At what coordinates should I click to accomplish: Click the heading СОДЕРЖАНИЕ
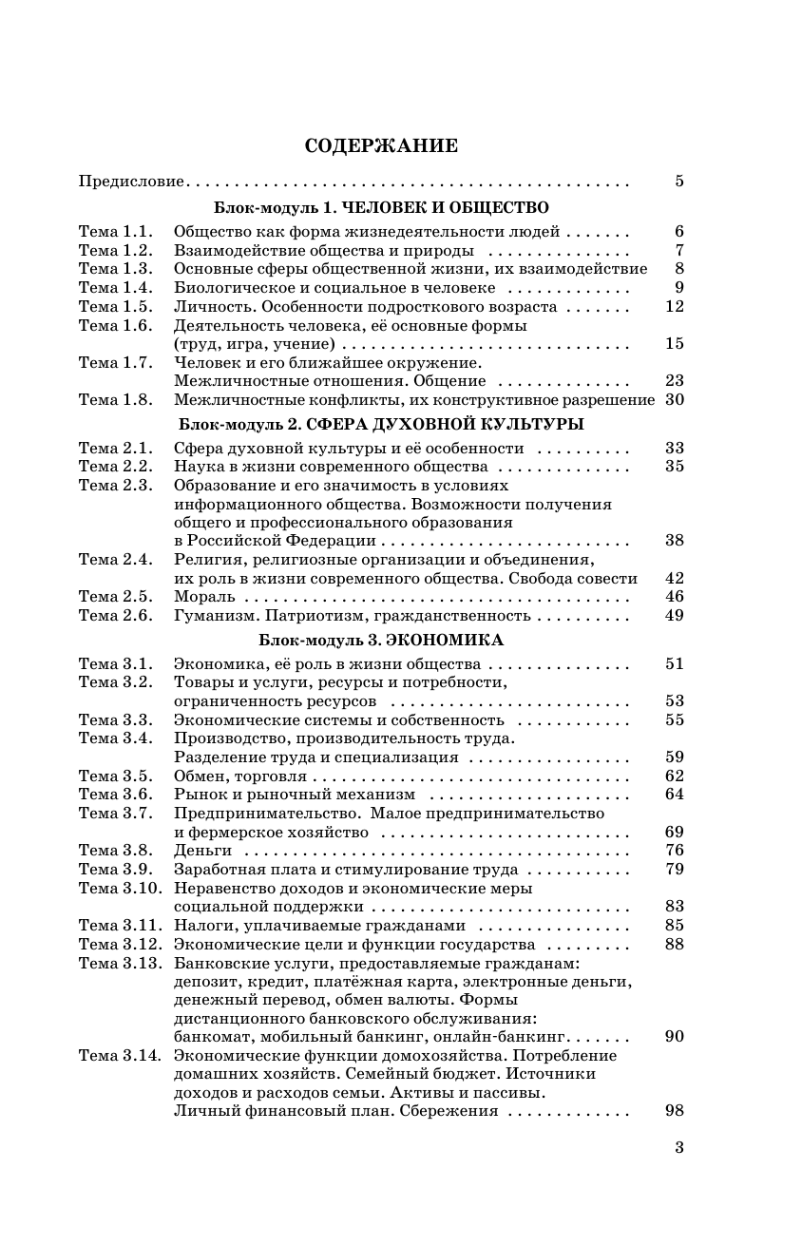(381, 145)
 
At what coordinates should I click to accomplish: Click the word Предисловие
(132, 181)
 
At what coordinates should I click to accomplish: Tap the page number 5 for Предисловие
(678, 181)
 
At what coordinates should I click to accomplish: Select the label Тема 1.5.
(115, 306)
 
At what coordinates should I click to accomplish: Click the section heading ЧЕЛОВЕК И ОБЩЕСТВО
(445, 207)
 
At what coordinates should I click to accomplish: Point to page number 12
(674, 306)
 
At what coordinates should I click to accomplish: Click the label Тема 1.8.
(115, 399)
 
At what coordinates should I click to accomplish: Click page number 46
(674, 597)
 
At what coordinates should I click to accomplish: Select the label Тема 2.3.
(115, 485)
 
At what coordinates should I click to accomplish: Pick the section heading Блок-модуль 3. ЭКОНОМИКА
(381, 641)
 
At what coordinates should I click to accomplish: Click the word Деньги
(202, 851)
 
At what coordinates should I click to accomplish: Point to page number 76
(674, 851)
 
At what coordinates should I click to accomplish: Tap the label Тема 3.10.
(119, 888)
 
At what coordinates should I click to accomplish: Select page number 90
(674, 1037)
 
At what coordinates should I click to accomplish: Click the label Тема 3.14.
(119, 1056)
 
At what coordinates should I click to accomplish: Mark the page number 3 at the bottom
(678, 1147)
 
